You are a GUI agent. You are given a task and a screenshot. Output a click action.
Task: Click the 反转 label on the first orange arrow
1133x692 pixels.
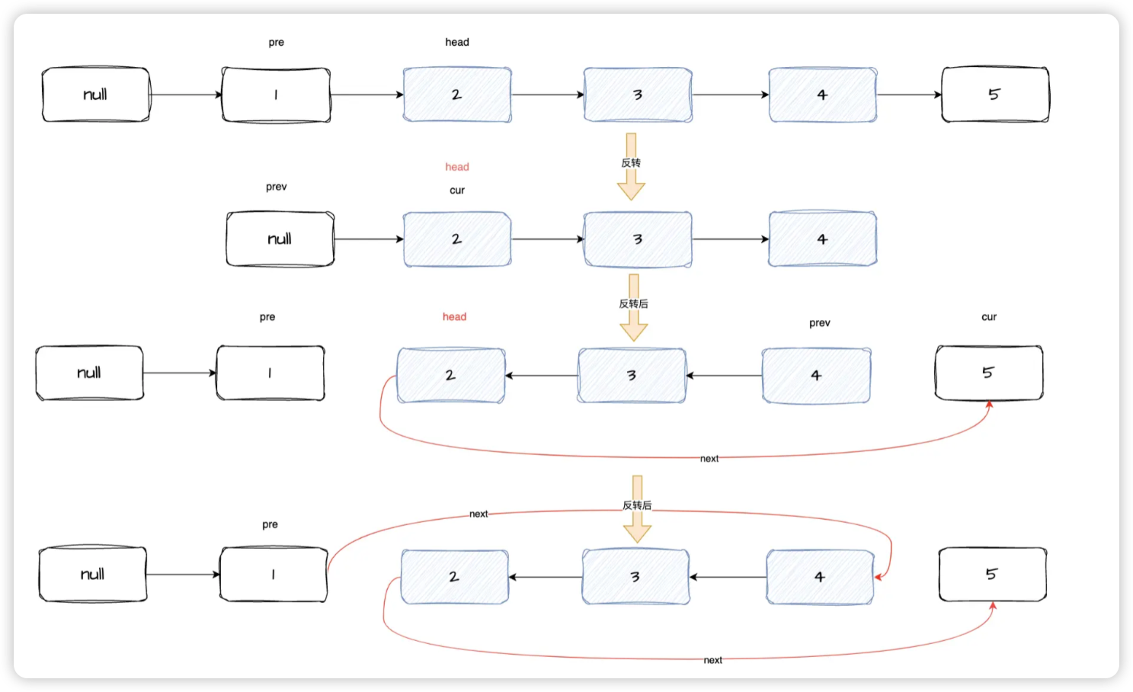coord(631,163)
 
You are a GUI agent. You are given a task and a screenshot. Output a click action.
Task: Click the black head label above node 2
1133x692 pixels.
coord(457,43)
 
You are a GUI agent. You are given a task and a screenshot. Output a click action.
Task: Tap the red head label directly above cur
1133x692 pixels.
coord(457,167)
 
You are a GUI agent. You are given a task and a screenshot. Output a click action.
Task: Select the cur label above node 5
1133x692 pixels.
coord(989,317)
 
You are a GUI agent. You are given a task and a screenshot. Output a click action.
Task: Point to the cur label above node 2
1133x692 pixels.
coord(457,191)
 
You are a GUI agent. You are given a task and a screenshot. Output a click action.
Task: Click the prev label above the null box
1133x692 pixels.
coord(277,187)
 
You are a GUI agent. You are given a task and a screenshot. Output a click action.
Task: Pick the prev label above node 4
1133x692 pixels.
coord(820,323)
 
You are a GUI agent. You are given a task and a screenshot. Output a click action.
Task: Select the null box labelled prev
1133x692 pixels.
coord(280,239)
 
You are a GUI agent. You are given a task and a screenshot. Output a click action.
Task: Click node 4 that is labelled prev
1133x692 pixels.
coord(816,376)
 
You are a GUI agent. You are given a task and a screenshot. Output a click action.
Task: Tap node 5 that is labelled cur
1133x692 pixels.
coord(989,373)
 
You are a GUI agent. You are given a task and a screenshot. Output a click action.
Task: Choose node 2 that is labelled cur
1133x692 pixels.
coord(457,239)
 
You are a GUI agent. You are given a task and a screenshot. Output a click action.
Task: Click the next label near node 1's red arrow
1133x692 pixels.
coord(478,514)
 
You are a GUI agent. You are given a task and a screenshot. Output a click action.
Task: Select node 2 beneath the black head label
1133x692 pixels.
coord(457,95)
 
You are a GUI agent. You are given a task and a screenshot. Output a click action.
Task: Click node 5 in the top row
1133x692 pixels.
coord(995,95)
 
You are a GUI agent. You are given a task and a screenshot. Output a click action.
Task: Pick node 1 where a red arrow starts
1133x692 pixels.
coord(274,575)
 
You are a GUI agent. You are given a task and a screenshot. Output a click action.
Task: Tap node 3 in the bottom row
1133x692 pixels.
coord(635,578)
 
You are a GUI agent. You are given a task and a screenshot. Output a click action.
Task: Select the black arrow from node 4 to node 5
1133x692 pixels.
coord(909,95)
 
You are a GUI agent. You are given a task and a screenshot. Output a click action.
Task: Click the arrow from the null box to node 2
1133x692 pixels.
coord(369,239)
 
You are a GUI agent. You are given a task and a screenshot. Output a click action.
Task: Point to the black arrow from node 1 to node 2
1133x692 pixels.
coord(366,95)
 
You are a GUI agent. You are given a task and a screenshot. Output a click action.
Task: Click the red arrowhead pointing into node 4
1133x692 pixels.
coord(879,577)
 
